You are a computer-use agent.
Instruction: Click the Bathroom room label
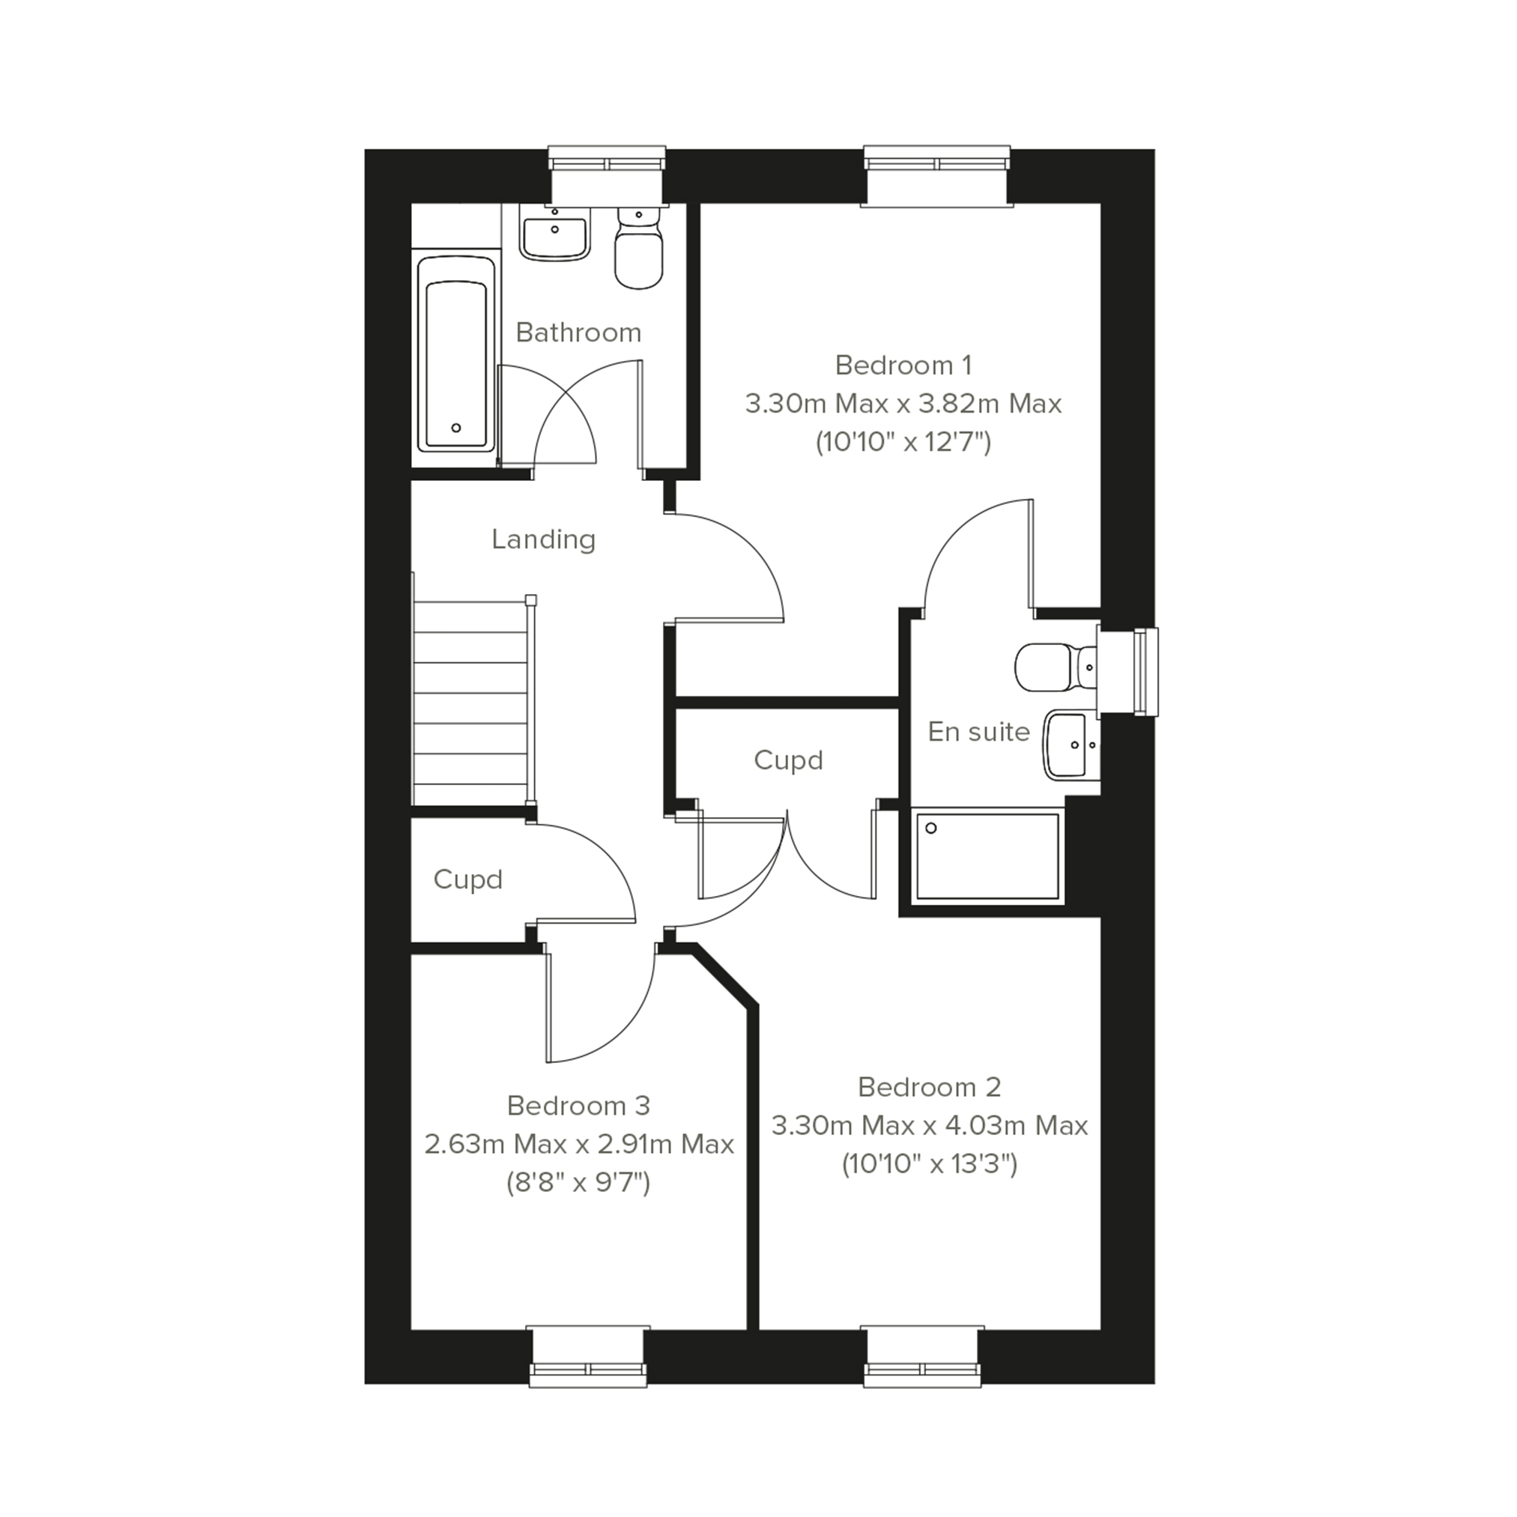pyautogui.click(x=578, y=333)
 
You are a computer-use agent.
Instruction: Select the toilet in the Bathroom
pyautogui.click(x=639, y=246)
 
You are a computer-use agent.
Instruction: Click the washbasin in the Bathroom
pyautogui.click(x=554, y=232)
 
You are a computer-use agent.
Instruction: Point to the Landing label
pyautogui.click(x=543, y=539)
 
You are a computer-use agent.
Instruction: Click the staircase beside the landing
pyautogui.click(x=472, y=700)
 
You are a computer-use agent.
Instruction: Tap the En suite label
pyautogui.click(x=978, y=732)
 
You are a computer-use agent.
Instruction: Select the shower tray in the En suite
pyautogui.click(x=988, y=856)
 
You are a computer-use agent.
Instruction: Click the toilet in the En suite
pyautogui.click(x=1057, y=668)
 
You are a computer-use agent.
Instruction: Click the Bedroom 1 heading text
pyautogui.click(x=903, y=365)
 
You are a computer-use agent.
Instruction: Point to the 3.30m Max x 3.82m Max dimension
pyautogui.click(x=903, y=404)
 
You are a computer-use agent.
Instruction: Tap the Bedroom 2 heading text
pyautogui.click(x=930, y=1087)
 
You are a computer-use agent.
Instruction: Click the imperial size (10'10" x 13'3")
pyautogui.click(x=930, y=1163)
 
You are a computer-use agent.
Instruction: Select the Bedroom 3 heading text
pyautogui.click(x=578, y=1106)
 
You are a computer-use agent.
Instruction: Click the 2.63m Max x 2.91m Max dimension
pyautogui.click(x=578, y=1144)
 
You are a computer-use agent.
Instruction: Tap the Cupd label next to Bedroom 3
pyautogui.click(x=468, y=880)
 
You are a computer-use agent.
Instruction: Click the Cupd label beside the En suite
pyautogui.click(x=788, y=761)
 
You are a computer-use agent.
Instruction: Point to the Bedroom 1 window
pyautogui.click(x=936, y=176)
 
